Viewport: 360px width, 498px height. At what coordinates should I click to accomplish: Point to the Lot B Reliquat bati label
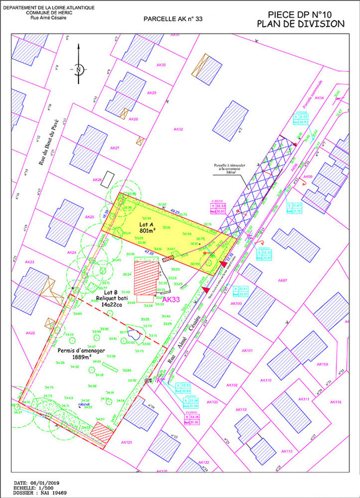pos(110,295)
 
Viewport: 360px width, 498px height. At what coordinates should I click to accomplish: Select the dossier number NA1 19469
pos(44,493)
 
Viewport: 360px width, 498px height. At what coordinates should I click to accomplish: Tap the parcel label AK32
pos(178,129)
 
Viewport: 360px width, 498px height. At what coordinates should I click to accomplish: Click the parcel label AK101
pos(247,350)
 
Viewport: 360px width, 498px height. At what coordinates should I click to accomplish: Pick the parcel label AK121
pos(126,442)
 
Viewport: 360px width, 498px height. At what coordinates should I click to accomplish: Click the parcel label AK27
pos(114,148)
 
